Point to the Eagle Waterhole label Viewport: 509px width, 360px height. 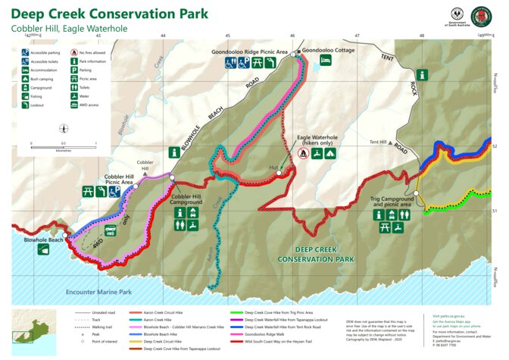[x=317, y=140]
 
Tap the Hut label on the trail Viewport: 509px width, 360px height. [x=274, y=166]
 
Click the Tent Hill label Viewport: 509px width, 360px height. [x=377, y=142]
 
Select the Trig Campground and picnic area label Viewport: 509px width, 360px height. [x=391, y=202]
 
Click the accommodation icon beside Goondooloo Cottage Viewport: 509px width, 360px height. [x=325, y=60]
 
